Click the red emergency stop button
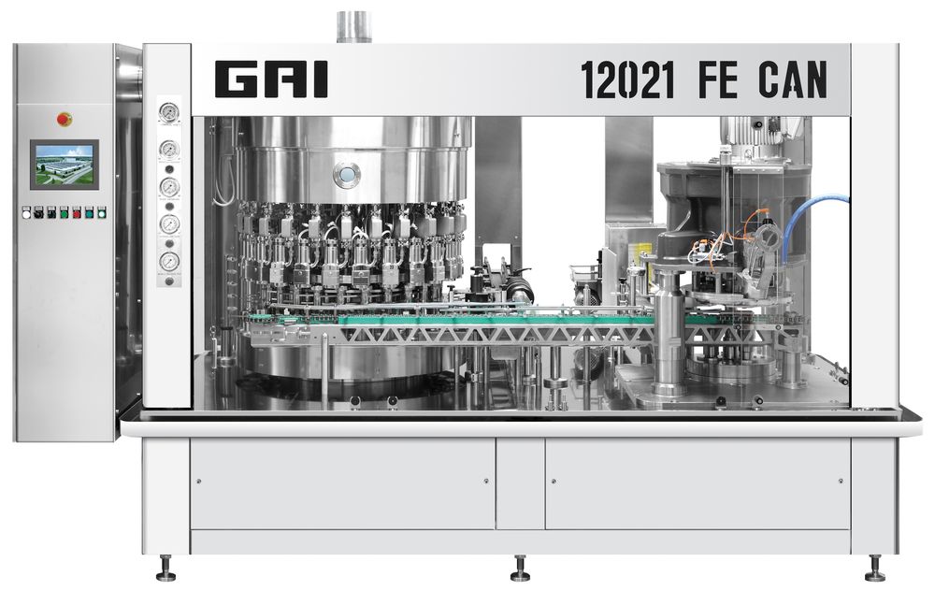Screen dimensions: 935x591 65,120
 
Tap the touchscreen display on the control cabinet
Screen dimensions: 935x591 65,166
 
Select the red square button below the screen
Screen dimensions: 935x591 77,212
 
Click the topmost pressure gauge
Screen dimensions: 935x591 169,111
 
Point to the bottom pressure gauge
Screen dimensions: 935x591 169,262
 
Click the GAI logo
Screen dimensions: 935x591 271,79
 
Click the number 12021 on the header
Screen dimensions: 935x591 627,79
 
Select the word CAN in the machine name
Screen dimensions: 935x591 793,79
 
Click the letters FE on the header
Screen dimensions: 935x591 717,79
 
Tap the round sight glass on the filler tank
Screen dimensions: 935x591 347,174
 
